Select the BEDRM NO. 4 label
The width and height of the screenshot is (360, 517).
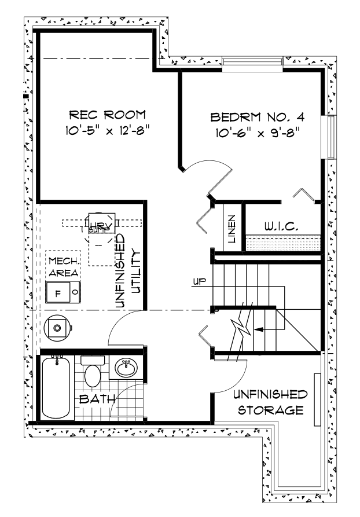pyautogui.click(x=257, y=118)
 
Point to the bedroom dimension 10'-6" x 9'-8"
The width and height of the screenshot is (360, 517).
pyautogui.click(x=257, y=134)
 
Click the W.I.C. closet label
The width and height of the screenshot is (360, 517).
pyautogui.click(x=282, y=228)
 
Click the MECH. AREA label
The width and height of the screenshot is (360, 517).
pyautogui.click(x=63, y=266)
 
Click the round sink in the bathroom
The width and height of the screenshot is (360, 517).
pyautogui.click(x=127, y=367)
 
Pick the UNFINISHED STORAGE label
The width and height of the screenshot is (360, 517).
pyautogui.click(x=269, y=402)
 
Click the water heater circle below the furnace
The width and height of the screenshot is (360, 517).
pyautogui.click(x=57, y=328)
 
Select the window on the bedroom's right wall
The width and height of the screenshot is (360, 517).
pyautogui.click(x=332, y=137)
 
